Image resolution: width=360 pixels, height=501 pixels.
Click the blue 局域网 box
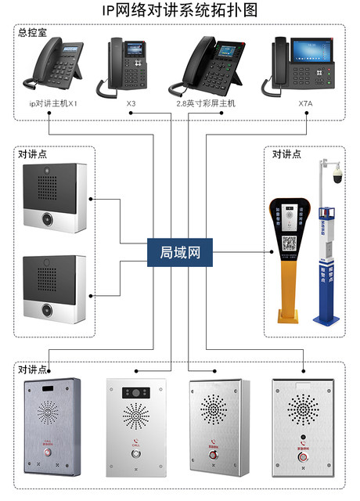[180, 252]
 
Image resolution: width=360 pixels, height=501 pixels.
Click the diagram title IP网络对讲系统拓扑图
[179, 10]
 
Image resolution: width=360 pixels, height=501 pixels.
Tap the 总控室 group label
[34, 32]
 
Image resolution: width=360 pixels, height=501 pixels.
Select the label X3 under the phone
[131, 103]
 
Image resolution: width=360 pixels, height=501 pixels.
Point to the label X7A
[304, 103]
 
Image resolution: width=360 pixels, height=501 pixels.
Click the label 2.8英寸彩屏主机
[207, 103]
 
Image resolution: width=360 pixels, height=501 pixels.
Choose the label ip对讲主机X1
[52, 103]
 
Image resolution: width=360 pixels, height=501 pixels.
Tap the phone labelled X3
[125, 67]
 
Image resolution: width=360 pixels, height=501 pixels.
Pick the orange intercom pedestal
[289, 258]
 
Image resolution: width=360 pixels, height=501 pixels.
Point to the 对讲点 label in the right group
[286, 154]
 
